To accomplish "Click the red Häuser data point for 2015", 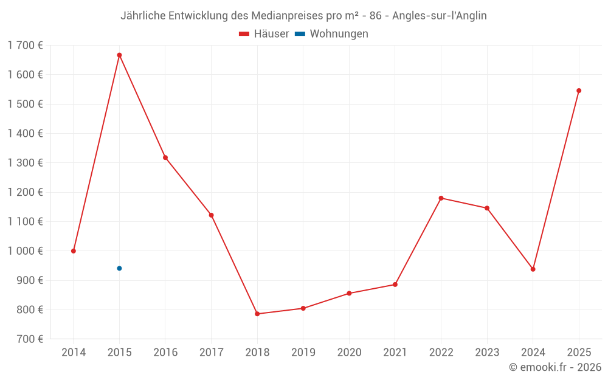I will [119, 55].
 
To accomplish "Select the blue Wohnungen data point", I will [119, 268].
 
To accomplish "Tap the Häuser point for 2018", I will [257, 314].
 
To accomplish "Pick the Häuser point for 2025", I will [579, 91].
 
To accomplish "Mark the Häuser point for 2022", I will [441, 198].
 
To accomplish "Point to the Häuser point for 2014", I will [74, 251].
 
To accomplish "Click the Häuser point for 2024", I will [533, 269].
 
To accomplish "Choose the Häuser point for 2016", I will [165, 157].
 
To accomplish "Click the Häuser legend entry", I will [264, 34].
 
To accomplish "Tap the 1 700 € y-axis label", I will [25, 45].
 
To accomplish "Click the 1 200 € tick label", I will [25, 192].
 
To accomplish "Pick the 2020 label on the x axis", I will [349, 353].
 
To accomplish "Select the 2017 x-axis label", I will [211, 353].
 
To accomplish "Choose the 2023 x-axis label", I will [487, 353].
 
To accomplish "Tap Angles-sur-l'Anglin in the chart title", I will [439, 16].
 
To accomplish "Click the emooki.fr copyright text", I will [554, 367].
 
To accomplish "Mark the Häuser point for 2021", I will [395, 285].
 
